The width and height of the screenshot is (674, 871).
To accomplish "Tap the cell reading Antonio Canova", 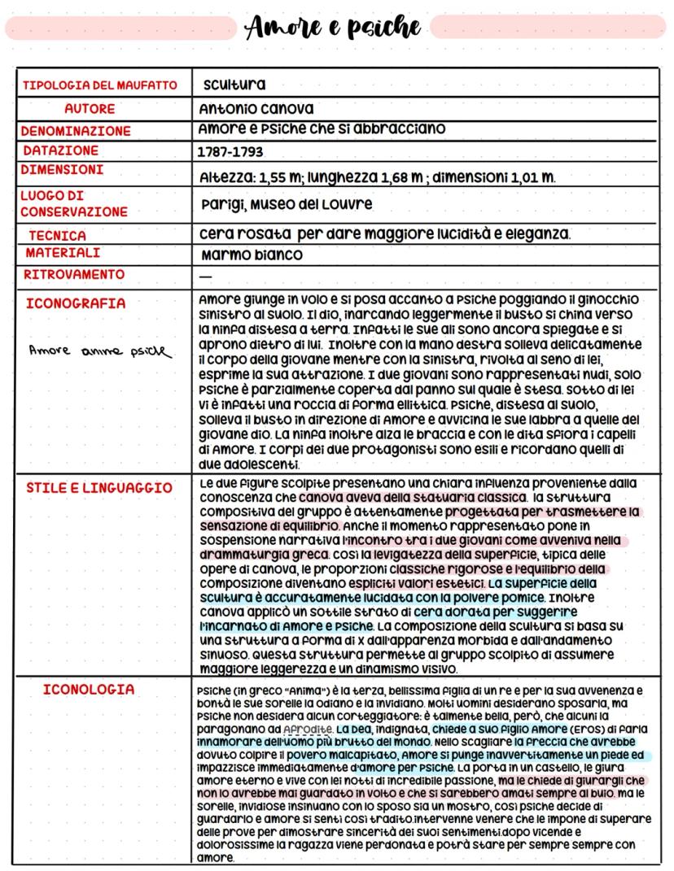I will coord(256,108).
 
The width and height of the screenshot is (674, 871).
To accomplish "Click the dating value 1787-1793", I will coord(231,152).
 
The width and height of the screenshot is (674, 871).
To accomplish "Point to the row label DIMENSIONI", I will coord(62,170).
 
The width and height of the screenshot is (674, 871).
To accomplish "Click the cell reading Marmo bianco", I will coord(252,255).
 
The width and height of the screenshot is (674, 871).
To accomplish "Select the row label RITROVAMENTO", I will coord(74,275).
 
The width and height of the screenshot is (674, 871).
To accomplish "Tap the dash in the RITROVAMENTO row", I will coord(205,276).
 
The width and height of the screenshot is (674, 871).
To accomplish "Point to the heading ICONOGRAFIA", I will coord(77,303).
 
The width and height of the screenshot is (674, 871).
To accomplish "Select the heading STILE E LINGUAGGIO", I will coord(99,488).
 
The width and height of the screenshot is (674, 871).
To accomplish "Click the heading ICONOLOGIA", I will coord(89,689).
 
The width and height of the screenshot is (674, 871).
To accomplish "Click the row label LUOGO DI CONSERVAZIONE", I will coord(75,203).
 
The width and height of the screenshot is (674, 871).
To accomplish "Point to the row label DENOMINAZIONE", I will coord(76,131).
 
